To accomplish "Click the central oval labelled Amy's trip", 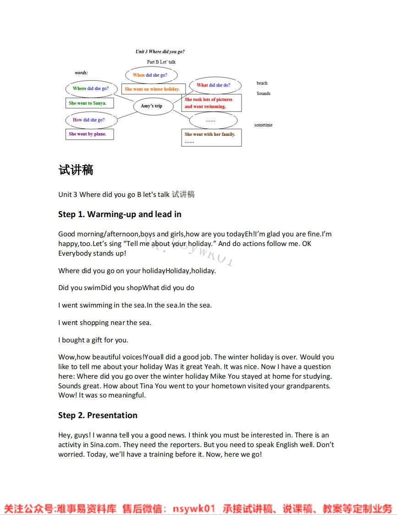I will [x=154, y=106].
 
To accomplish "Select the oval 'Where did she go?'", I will [x=91, y=89].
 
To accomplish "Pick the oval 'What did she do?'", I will [x=215, y=85].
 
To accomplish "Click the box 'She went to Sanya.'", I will [x=89, y=103].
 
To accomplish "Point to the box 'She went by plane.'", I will [x=89, y=134].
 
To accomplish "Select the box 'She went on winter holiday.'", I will [x=153, y=89].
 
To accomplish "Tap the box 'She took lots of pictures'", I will [x=211, y=103].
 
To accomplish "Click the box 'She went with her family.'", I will [x=211, y=137].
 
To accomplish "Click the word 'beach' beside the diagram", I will [x=262, y=83].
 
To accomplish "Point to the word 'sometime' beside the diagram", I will [x=263, y=125].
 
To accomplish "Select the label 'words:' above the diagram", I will [x=81, y=73].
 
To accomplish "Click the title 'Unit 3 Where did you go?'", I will [x=160, y=52].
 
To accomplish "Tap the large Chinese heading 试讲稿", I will [x=76, y=170].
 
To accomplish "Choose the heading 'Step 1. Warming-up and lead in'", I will [x=120, y=214].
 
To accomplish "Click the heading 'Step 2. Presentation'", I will [x=98, y=415].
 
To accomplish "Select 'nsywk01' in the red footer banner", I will [x=193, y=509].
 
